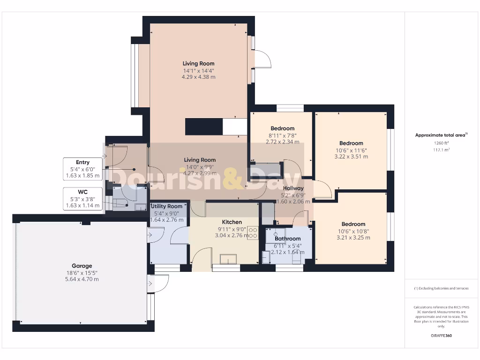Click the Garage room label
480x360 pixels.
[82, 266]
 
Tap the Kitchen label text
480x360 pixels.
[232, 222]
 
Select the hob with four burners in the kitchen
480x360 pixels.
[253, 233]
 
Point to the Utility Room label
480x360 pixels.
[166, 206]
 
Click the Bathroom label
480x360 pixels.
[287, 239]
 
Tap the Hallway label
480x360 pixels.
[293, 188]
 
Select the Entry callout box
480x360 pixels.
[82, 169]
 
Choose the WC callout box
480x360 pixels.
[82, 199]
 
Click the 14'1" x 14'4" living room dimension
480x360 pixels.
[198, 71]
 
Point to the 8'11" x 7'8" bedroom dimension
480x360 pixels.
[282, 135]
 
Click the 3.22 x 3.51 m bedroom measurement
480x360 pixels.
[351, 157]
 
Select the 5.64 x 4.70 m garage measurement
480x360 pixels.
[82, 279]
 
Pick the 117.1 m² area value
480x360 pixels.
[441, 150]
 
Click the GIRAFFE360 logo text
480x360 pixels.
[441, 336]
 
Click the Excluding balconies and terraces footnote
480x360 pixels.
[441, 288]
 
